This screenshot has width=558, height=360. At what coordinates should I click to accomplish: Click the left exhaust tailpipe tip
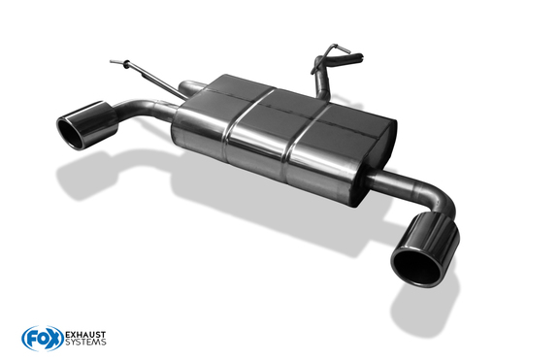pos(87,125)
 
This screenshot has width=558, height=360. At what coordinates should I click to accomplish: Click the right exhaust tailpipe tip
pos(425,249)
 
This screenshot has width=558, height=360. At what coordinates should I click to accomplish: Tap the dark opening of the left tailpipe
pos(71,134)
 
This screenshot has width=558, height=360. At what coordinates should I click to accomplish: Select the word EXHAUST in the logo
pos(85,335)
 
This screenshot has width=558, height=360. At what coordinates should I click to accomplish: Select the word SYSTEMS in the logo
pos(85,343)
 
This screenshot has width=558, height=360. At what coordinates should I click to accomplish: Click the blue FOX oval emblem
pos(43,339)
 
